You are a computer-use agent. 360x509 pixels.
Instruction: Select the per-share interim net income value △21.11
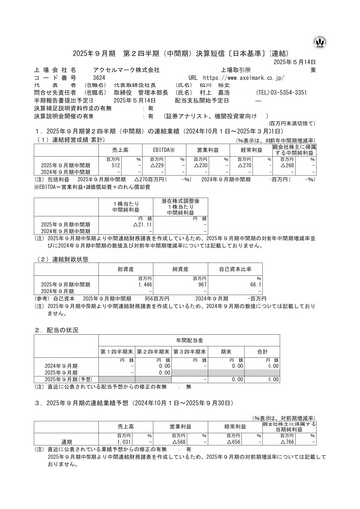[117, 225]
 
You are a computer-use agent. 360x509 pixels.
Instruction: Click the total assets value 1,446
[111, 285]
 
